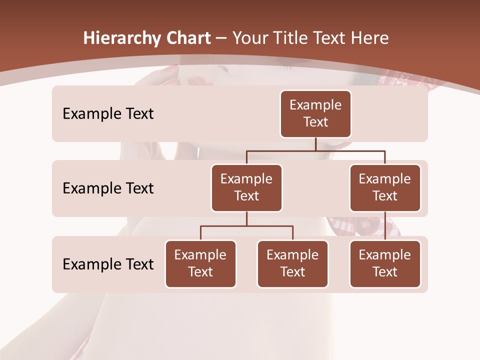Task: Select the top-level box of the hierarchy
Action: point(315,113)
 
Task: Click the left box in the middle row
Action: point(246,187)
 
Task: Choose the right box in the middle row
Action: point(385,187)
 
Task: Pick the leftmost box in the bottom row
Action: point(200,263)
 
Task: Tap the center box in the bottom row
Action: point(292,263)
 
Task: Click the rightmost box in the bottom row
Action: point(385,263)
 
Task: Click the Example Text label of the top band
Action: point(108,114)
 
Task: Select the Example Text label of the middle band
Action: point(108,188)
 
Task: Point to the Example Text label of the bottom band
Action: point(108,264)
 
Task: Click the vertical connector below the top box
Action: point(315,144)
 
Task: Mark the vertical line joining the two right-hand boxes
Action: point(385,226)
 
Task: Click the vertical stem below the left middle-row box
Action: point(246,218)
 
